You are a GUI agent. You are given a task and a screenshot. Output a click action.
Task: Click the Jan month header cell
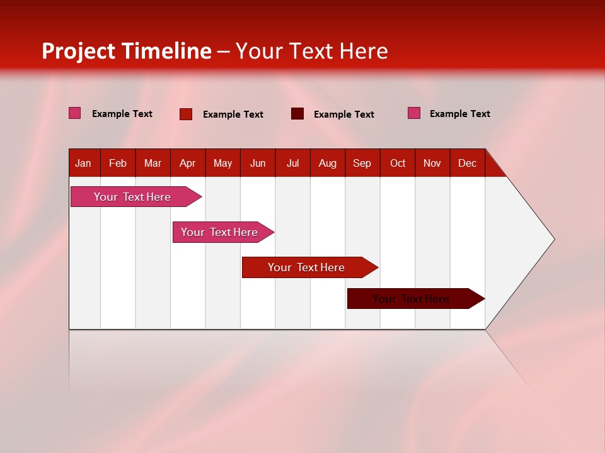83,163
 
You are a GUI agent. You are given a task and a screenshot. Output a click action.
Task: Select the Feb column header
118,163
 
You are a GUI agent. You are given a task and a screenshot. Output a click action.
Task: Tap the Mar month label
153,163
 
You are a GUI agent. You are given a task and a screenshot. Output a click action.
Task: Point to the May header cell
222,163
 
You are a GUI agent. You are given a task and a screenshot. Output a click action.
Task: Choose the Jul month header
292,163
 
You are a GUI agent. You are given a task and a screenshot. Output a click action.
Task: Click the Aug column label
328,163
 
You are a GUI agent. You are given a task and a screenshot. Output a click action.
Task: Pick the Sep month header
362,163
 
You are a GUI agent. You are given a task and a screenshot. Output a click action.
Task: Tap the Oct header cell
398,163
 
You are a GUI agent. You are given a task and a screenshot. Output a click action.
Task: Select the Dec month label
467,163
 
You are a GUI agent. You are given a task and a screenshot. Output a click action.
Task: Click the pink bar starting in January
132,197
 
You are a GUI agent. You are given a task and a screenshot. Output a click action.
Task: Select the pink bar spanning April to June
219,232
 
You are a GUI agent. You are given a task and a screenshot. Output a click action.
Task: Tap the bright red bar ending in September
306,267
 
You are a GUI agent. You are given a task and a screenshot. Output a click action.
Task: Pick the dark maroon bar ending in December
411,299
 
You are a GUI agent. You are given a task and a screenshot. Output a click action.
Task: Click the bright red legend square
186,114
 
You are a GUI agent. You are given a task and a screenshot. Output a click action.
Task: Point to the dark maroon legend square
297,114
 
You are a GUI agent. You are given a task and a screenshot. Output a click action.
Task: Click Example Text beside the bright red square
233,115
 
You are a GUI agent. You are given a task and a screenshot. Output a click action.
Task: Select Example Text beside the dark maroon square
343,115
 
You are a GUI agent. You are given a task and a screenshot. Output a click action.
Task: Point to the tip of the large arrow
553,239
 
